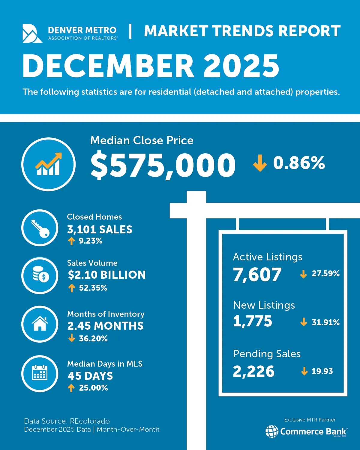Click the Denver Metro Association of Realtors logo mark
(x=32, y=33)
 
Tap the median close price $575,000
(x=163, y=165)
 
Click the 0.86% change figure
(x=299, y=163)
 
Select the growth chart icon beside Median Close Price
(x=48, y=164)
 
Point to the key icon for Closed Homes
(x=40, y=228)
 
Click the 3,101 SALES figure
(x=100, y=229)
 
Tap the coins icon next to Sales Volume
(x=40, y=275)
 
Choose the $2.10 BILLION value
(x=106, y=275)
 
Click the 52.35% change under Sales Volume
(x=93, y=288)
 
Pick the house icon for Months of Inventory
(x=40, y=324)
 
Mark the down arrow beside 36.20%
(x=71, y=338)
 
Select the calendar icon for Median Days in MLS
(x=40, y=373)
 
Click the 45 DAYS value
(x=90, y=376)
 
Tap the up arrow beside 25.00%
(x=71, y=388)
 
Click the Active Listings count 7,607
(x=257, y=274)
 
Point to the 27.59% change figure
(x=325, y=274)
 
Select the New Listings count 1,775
(x=253, y=321)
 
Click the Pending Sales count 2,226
(x=253, y=371)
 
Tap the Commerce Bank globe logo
(x=272, y=431)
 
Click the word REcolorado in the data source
(x=90, y=421)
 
